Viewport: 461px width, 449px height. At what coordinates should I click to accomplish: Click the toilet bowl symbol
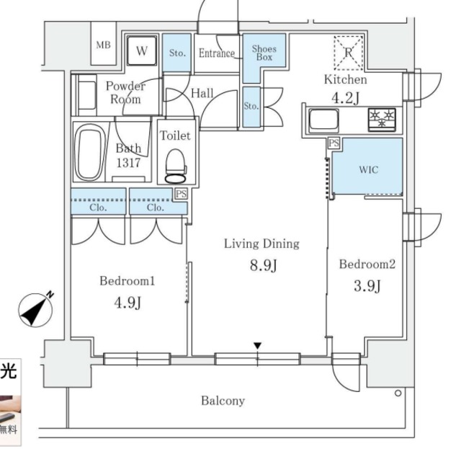click(x=176, y=166)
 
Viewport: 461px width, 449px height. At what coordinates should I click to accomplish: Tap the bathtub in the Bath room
click(x=90, y=151)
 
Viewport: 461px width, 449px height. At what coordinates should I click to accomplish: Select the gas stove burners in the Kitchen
click(x=382, y=119)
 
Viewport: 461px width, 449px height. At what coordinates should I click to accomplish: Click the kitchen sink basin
click(x=323, y=119)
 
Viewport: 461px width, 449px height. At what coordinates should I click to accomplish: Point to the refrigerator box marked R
click(x=349, y=53)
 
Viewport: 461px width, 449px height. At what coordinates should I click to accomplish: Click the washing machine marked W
click(x=141, y=50)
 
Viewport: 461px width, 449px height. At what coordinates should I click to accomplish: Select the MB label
click(x=104, y=45)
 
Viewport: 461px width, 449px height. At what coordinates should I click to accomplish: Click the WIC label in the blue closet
click(x=368, y=170)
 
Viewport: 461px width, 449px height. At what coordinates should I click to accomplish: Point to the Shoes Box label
click(x=264, y=53)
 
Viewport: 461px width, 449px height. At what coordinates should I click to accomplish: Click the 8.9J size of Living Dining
click(x=264, y=265)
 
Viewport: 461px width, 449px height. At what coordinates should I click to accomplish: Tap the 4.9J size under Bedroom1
click(x=127, y=303)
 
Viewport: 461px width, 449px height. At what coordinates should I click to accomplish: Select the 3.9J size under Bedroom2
click(x=367, y=285)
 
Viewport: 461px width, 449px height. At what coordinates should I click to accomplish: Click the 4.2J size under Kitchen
click(x=346, y=98)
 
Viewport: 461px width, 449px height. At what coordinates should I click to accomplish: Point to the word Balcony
click(x=223, y=401)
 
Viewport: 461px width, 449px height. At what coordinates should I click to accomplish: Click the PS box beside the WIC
click(x=334, y=143)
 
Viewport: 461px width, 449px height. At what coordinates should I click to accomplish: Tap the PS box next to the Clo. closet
click(x=181, y=194)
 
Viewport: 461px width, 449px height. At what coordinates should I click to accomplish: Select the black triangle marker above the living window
click(x=258, y=346)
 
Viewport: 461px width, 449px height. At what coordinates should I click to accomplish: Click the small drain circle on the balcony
click(x=398, y=393)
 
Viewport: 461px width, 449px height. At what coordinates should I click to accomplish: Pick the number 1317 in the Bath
click(x=128, y=162)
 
